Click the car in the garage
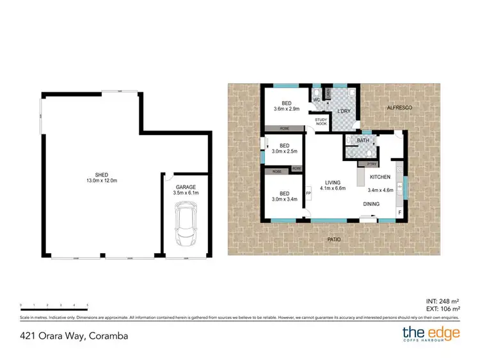[186, 224]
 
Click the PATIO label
[334, 239]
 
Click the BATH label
[363, 140]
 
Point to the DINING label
[371, 204]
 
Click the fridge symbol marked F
[400, 212]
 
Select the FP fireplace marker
[308, 193]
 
